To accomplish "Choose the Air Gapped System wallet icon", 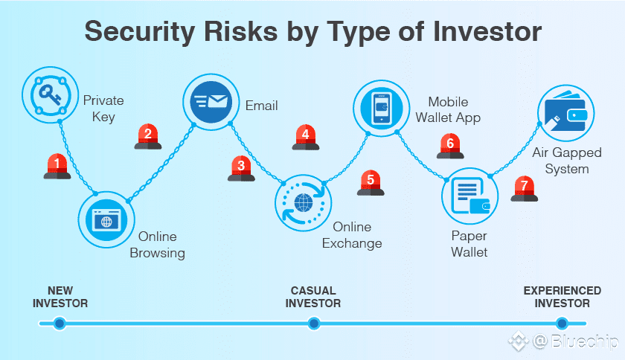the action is [565, 113].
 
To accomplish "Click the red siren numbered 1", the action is [57, 166].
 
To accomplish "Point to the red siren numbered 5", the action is [370, 182].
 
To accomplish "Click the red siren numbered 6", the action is [449, 145].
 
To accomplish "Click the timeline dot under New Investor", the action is [60, 323].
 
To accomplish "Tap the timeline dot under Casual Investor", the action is [314, 323].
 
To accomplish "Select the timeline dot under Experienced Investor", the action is [562, 323].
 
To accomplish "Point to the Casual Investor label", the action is [314, 297].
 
